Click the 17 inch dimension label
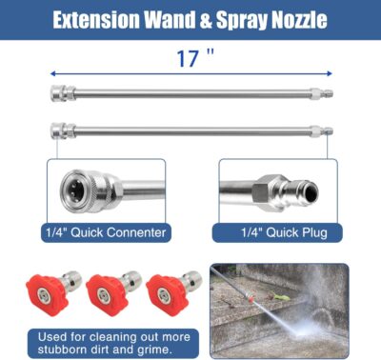click(x=190, y=58)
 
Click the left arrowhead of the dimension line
click(x=53, y=72)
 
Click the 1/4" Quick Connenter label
click(x=105, y=231)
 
